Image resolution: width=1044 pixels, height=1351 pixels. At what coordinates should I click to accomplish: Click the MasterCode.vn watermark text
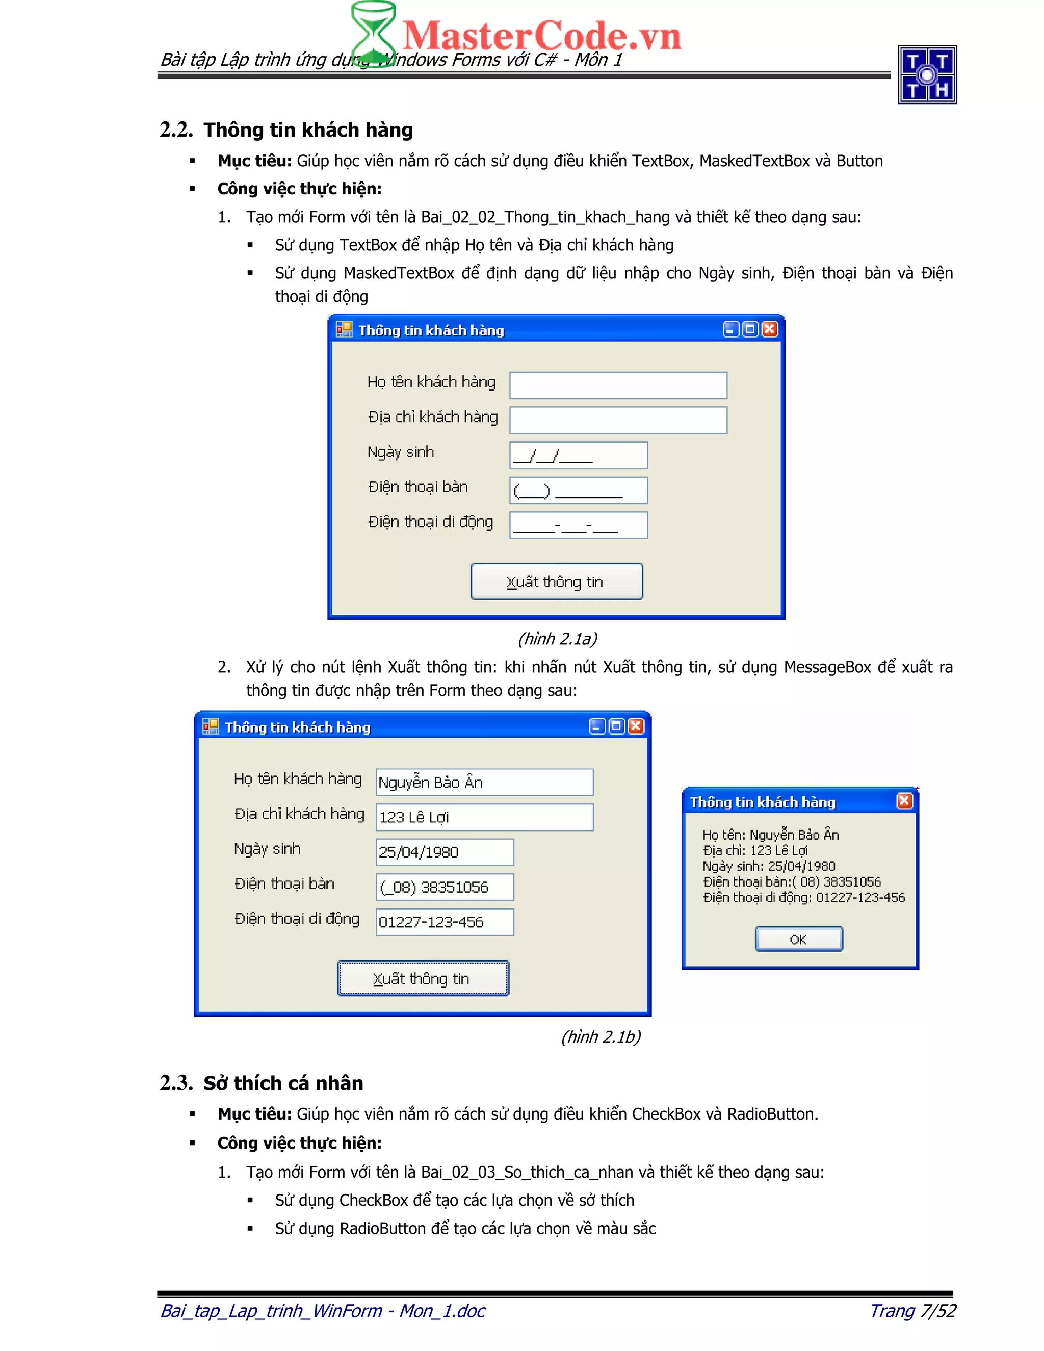tap(541, 36)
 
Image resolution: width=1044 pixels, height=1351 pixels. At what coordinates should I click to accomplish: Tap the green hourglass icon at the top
tap(373, 31)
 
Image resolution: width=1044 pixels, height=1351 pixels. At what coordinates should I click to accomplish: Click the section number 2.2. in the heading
tap(176, 130)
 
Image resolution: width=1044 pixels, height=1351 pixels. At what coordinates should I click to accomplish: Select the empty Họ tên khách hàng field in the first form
tap(618, 385)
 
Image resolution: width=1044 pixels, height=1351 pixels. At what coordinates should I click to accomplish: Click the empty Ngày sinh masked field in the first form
tap(578, 455)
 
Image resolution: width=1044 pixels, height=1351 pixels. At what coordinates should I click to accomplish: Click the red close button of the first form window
tap(769, 329)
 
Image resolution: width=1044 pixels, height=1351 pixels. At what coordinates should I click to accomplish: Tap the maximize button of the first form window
tap(750, 329)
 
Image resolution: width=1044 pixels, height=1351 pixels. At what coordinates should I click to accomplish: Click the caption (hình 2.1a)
tap(557, 638)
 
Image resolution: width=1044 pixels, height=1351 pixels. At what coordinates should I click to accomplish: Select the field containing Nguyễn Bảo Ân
tap(484, 783)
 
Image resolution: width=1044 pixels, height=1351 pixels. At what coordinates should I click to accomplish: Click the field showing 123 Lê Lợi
tap(484, 817)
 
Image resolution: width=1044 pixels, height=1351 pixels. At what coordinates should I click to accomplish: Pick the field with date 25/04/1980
tap(445, 852)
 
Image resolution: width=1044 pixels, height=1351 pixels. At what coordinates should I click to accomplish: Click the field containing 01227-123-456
tap(445, 922)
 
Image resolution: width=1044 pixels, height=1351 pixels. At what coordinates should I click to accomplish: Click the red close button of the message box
tap(904, 801)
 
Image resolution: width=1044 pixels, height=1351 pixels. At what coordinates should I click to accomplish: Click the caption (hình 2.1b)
tap(601, 1037)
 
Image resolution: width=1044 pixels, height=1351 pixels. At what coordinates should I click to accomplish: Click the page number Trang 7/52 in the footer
tap(912, 1310)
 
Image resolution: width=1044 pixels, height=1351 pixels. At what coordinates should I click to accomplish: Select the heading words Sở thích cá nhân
tap(283, 1083)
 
